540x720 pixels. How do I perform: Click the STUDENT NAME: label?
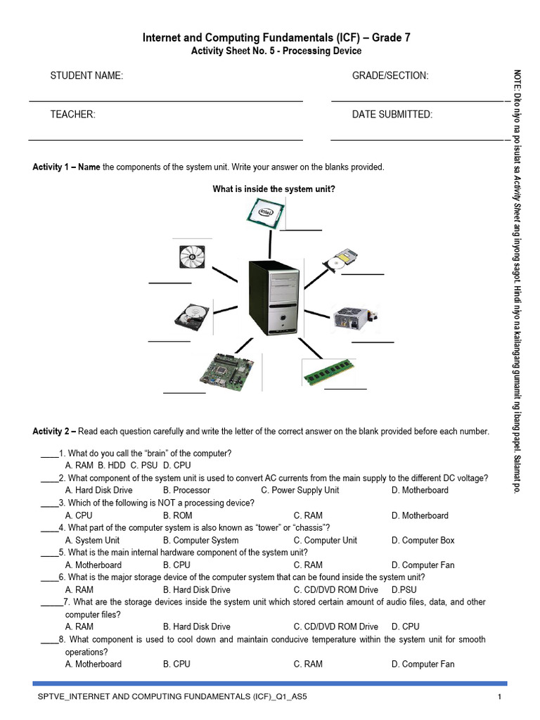coord(86,76)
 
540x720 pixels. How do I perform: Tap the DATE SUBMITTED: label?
coord(392,115)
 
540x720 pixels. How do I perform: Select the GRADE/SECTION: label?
coord(390,76)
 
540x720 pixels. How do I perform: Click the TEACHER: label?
coord(72,115)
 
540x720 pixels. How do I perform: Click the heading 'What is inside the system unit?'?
coord(274,189)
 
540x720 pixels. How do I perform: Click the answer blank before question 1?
coord(49,453)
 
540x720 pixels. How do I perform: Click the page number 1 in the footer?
coord(499,697)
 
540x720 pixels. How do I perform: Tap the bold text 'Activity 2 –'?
coord(55,431)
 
